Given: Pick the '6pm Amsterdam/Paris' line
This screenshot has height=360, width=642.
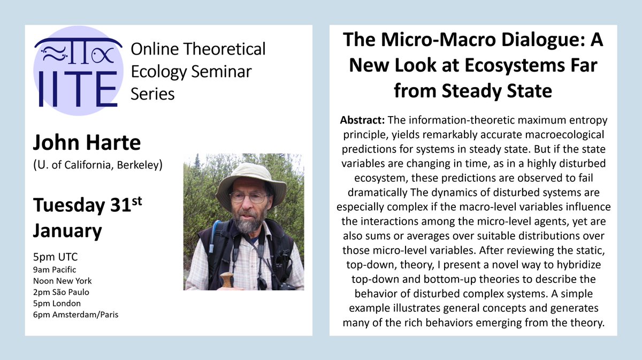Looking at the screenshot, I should click(75, 315).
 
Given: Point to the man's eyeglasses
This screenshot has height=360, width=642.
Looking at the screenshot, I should click(248, 197).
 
